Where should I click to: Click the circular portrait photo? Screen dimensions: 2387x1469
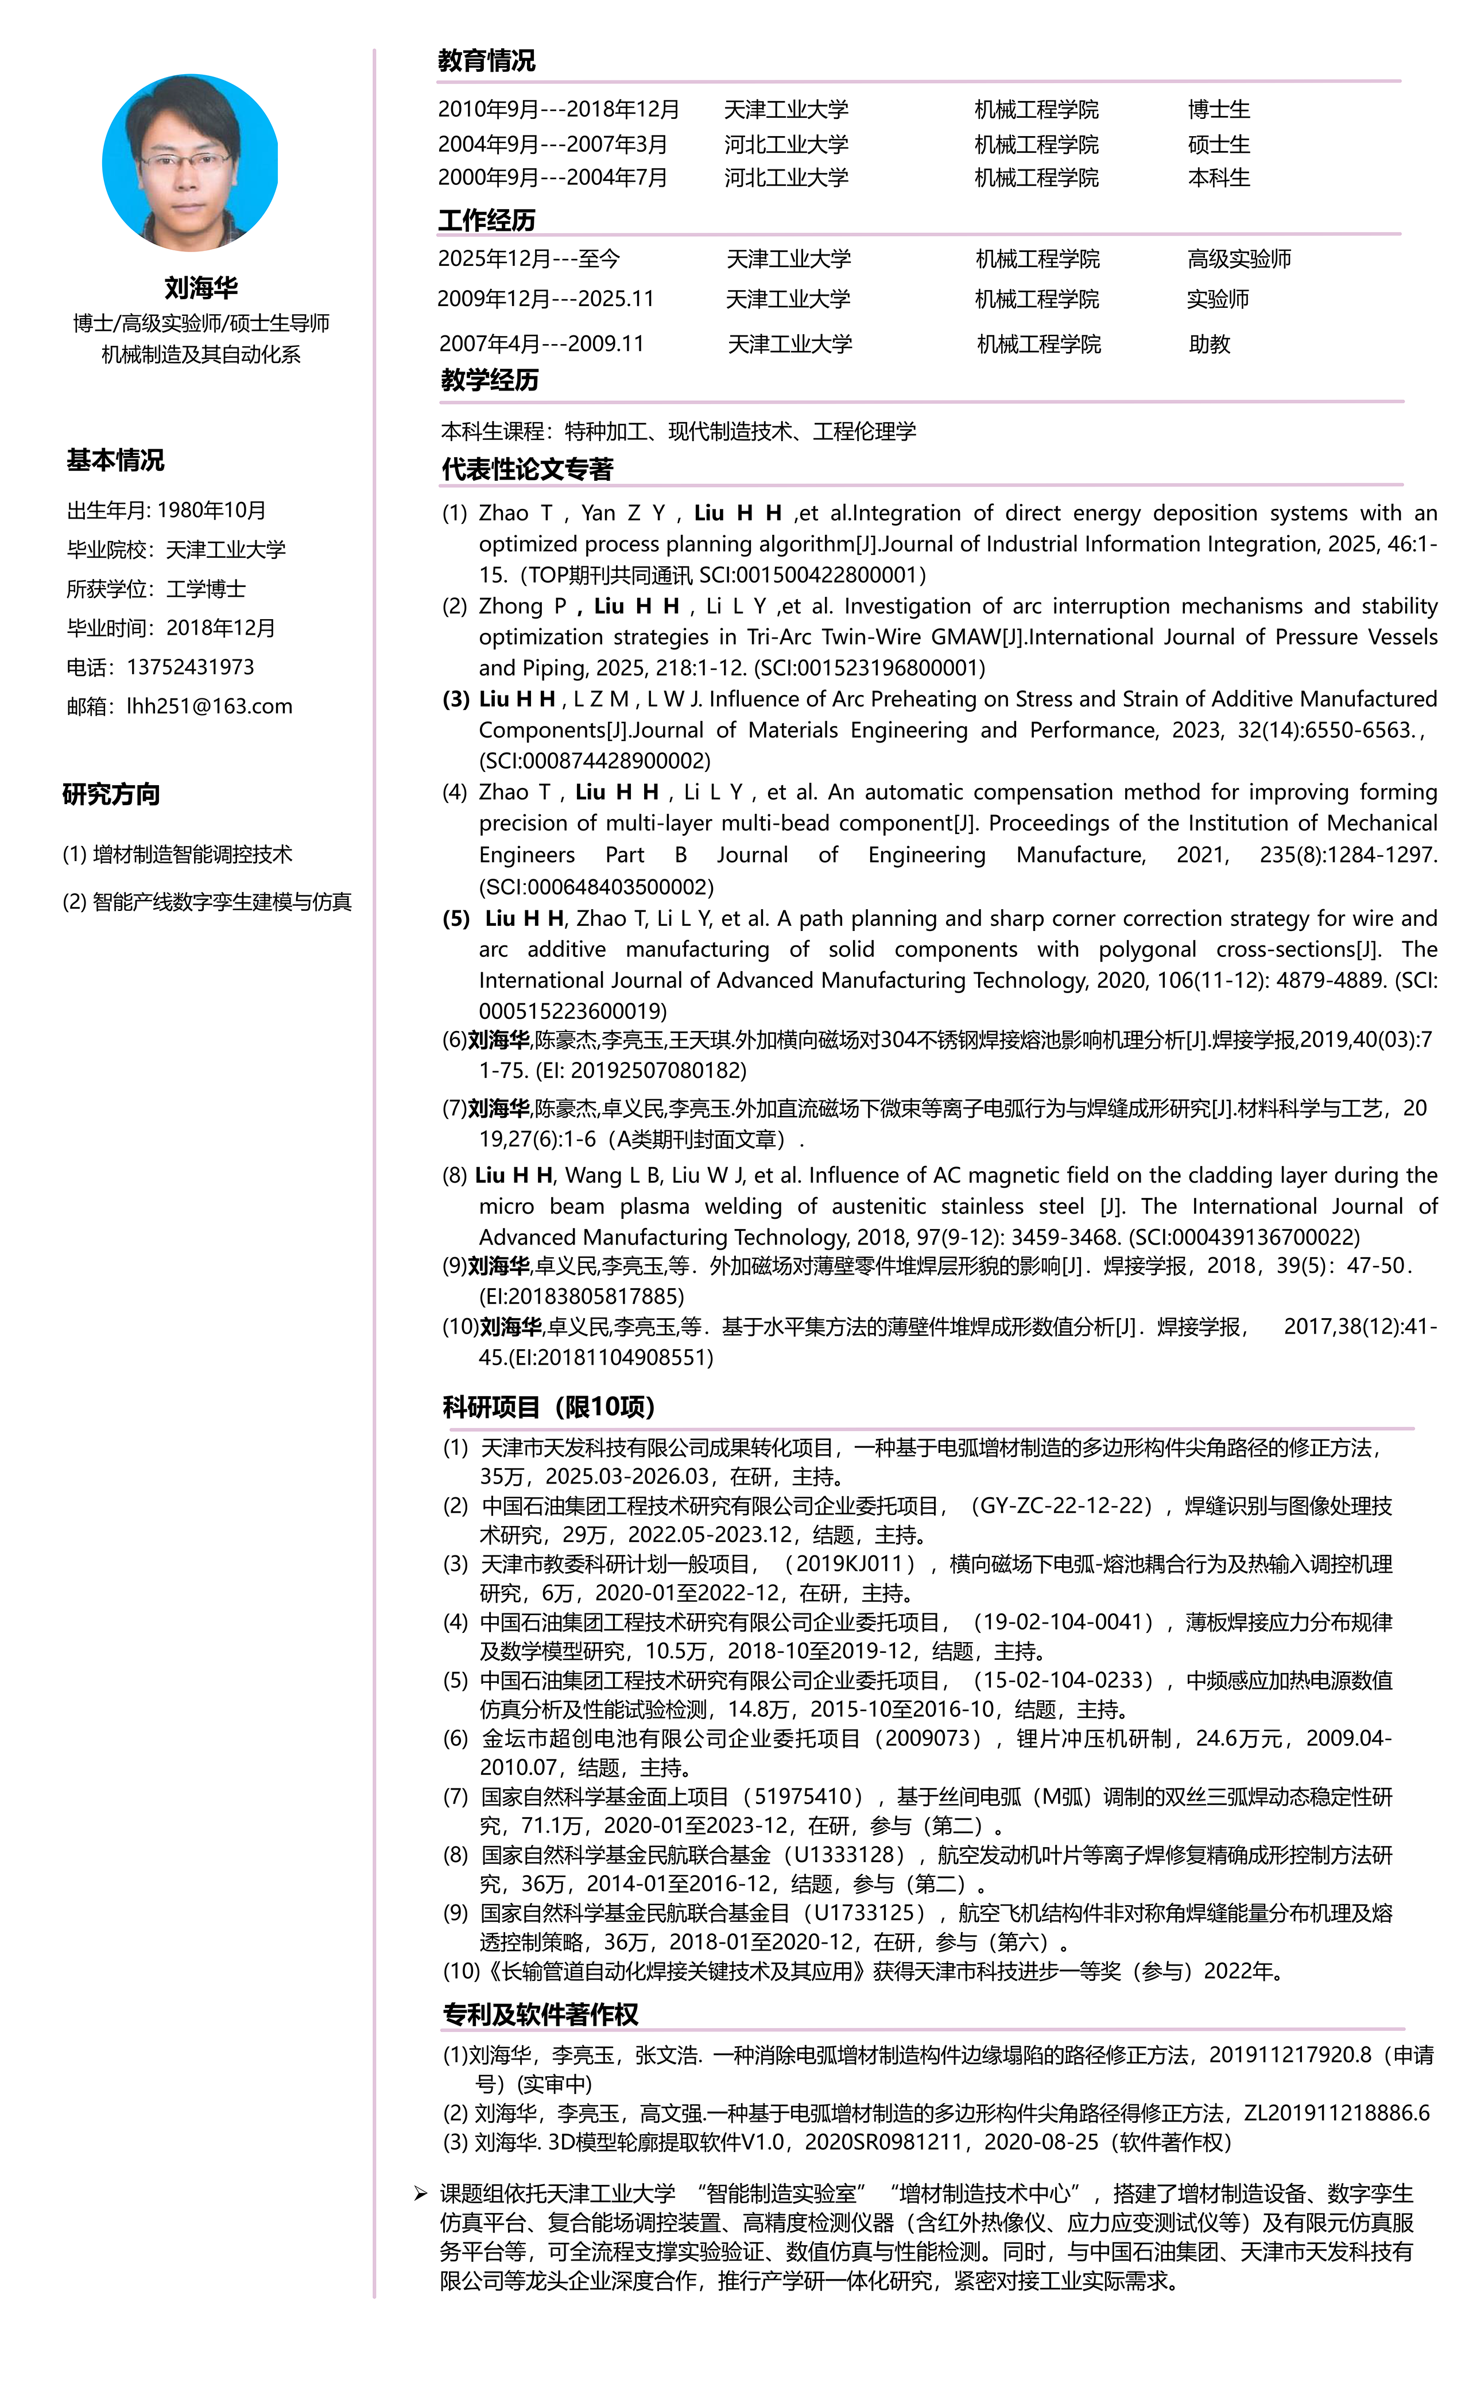point(191,163)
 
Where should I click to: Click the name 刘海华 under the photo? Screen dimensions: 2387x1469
point(201,288)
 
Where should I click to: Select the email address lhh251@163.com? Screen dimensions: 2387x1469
point(209,706)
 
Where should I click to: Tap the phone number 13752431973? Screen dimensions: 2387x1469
point(191,668)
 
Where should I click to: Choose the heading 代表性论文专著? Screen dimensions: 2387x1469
point(528,469)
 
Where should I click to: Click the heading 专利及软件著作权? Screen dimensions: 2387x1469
point(540,2015)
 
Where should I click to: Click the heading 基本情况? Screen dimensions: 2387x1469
point(115,461)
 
